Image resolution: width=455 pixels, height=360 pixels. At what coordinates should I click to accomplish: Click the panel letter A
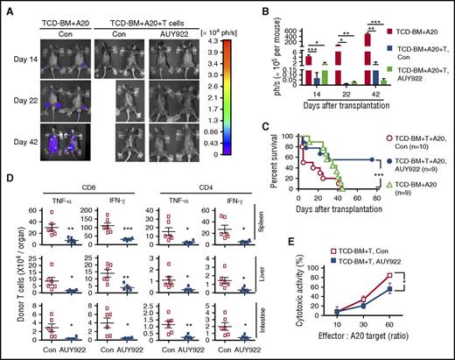point(6,8)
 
